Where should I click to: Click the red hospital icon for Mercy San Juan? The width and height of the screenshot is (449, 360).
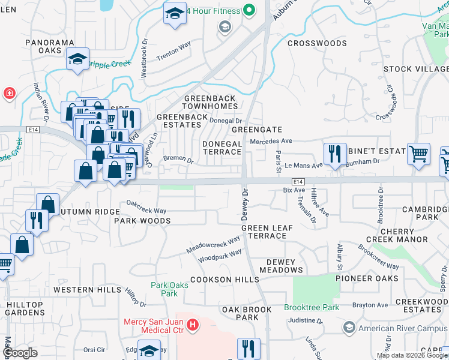(193, 326)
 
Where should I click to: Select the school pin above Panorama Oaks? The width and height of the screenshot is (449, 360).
(77, 59)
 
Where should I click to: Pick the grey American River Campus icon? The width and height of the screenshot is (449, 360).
(349, 328)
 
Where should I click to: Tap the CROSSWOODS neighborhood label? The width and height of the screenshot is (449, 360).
(317, 43)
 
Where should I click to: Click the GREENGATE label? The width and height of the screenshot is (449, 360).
(257, 130)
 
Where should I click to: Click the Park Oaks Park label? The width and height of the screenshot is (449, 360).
(169, 289)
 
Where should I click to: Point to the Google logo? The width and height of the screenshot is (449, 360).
(20, 353)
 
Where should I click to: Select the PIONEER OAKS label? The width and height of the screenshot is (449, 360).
(366, 278)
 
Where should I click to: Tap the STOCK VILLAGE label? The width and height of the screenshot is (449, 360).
(415, 69)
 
